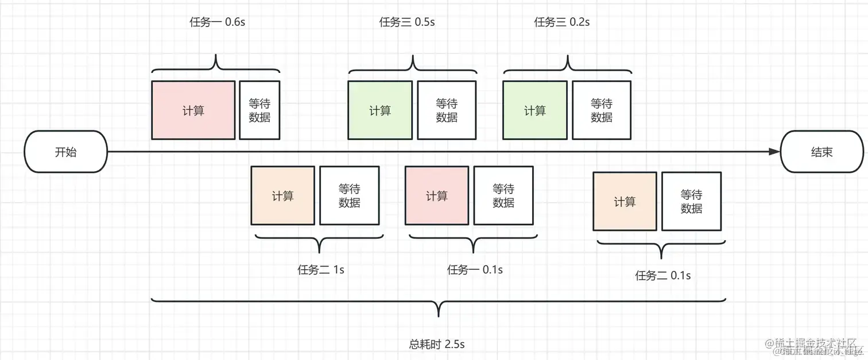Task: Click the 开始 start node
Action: (x=65, y=152)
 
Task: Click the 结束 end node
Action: (x=821, y=152)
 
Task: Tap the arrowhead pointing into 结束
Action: (x=773, y=152)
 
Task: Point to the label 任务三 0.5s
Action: (x=407, y=22)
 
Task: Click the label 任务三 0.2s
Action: (x=561, y=22)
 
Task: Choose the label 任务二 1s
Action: (x=321, y=270)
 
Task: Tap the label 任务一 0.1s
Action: (x=475, y=270)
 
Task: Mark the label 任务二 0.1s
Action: (x=662, y=276)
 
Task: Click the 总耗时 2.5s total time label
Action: (x=437, y=344)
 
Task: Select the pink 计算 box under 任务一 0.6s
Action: (x=193, y=110)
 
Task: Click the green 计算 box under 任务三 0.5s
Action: (x=380, y=110)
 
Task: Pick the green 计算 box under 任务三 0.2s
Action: (x=535, y=110)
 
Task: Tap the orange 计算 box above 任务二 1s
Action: (x=282, y=196)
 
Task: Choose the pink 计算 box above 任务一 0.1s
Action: (x=436, y=196)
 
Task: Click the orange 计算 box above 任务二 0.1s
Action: (x=625, y=202)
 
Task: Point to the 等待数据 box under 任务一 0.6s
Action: (x=259, y=110)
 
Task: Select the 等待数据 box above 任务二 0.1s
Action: (x=691, y=202)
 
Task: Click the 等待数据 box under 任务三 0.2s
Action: (x=602, y=110)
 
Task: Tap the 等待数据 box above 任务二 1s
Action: (x=349, y=196)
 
